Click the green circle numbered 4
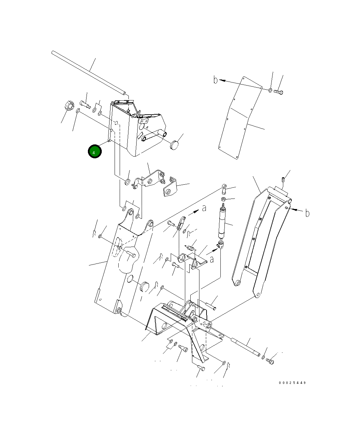click(95, 151)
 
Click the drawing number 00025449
click(292, 383)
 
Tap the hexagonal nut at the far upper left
click(69, 106)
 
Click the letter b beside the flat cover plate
click(215, 80)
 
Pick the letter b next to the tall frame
click(307, 213)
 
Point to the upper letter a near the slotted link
click(204, 208)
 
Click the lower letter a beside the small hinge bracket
click(212, 260)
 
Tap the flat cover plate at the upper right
click(240, 118)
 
